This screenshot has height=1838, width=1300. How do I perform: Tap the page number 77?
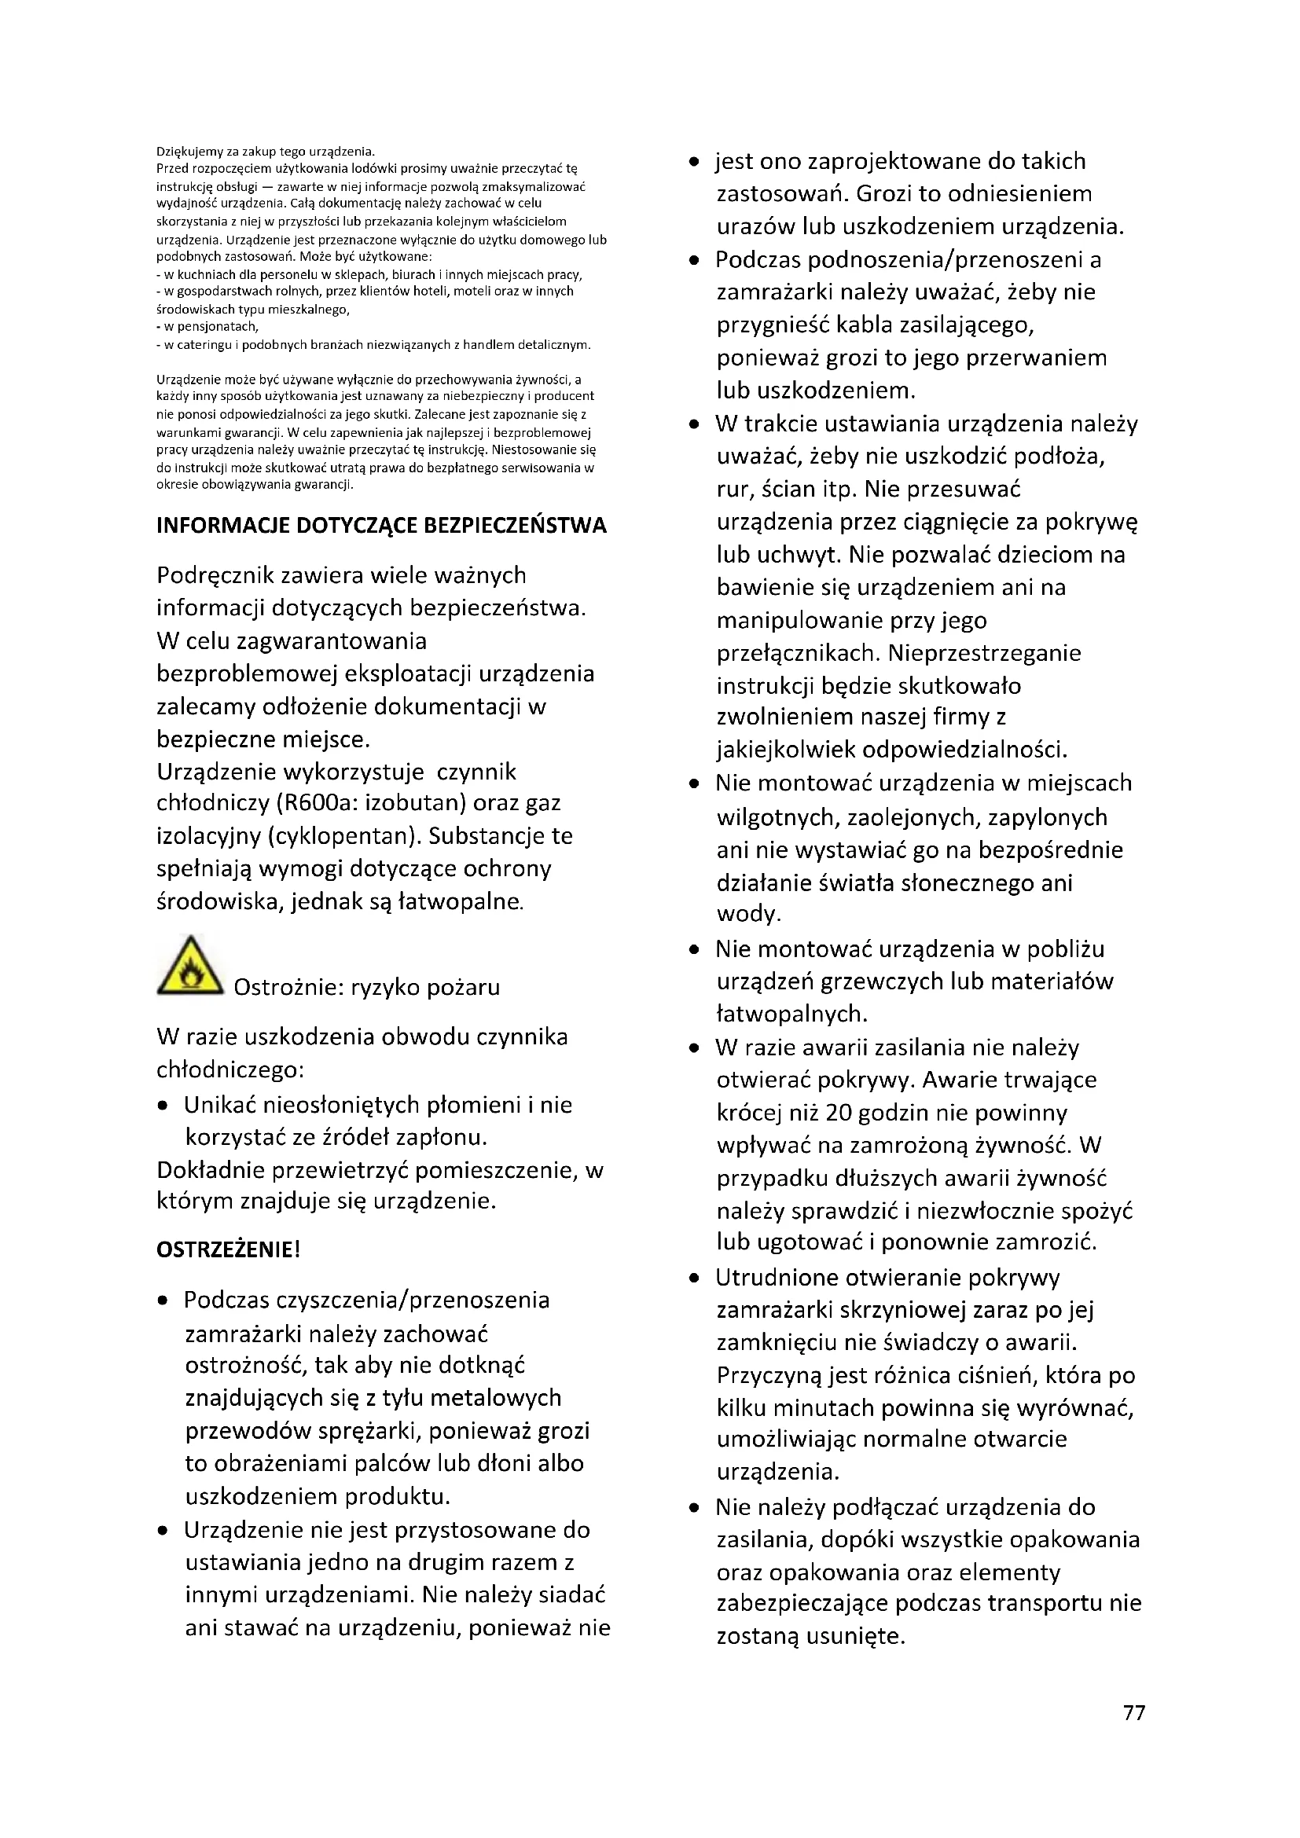tap(1133, 1712)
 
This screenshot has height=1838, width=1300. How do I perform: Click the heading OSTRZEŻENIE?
tap(228, 1249)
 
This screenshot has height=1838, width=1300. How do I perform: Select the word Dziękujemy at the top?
tap(186, 152)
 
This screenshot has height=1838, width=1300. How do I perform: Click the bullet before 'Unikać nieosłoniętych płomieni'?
tap(163, 1106)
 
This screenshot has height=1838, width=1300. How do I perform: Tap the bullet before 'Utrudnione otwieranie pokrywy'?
tap(694, 1278)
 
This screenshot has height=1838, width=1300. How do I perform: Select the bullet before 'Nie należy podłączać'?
tap(694, 1508)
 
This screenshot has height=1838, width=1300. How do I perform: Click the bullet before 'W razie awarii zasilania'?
tap(694, 1048)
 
